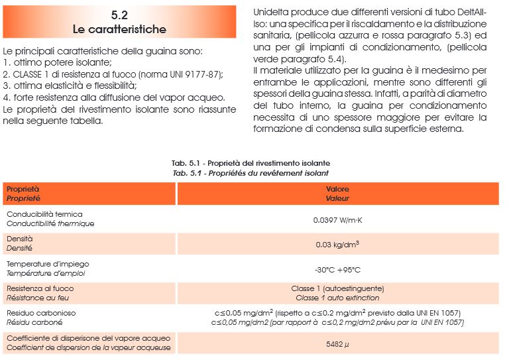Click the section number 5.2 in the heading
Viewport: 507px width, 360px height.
point(119,15)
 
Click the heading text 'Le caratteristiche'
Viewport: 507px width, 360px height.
point(119,29)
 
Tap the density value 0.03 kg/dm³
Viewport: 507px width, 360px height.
point(337,244)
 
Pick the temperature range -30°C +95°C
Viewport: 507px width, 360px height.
point(337,269)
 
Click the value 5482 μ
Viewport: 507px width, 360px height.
point(337,344)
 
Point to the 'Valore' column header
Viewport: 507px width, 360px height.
point(337,189)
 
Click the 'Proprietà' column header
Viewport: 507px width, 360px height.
point(23,189)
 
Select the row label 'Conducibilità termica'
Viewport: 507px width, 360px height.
point(44,215)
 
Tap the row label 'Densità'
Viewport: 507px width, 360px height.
point(19,239)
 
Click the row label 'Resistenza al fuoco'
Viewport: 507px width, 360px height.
point(40,288)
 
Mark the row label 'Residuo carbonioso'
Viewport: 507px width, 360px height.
point(41,313)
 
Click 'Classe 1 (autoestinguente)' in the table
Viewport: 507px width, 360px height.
point(337,288)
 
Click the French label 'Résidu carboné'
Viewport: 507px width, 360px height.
point(34,322)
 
